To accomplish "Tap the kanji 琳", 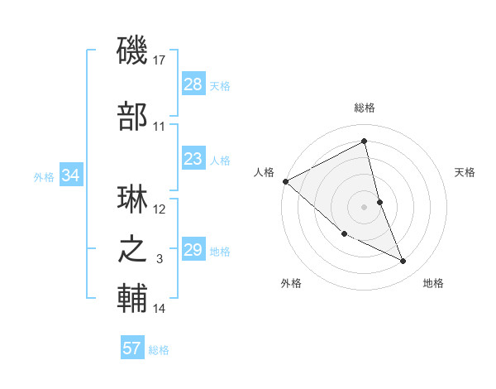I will click(x=133, y=202).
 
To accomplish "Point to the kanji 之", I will click(x=133, y=250).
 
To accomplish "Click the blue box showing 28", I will click(x=193, y=84).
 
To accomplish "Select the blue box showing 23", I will click(x=193, y=159).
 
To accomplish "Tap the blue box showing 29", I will click(x=193, y=250).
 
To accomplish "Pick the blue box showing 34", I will click(x=71, y=175).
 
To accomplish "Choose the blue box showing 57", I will click(x=132, y=348).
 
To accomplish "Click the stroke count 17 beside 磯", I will click(x=160, y=60).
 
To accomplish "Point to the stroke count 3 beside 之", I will click(x=160, y=259).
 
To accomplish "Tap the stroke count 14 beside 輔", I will click(x=160, y=309).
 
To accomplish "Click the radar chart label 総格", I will click(x=365, y=108).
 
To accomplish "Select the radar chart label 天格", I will click(x=465, y=172).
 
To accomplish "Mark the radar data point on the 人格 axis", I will click(x=285, y=180).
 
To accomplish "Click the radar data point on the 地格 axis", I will click(x=403, y=261).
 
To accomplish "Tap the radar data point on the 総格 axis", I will click(x=365, y=142).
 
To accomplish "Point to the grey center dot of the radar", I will click(x=365, y=206).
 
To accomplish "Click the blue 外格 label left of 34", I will click(x=44, y=176).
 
